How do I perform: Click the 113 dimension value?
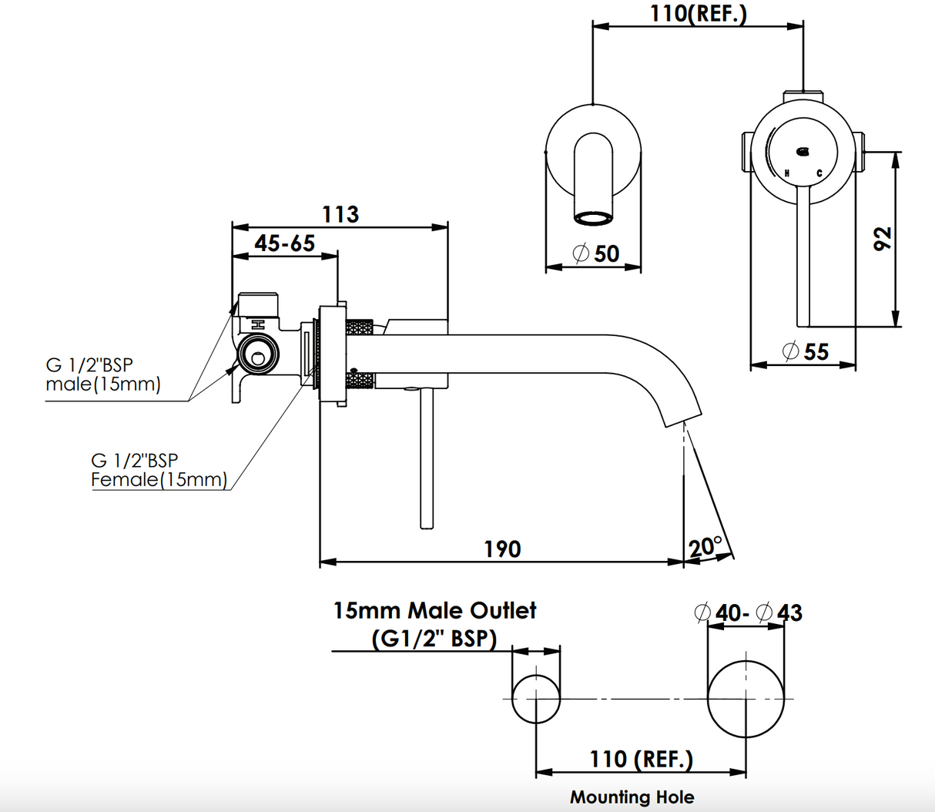(340, 213)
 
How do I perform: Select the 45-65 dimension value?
(285, 243)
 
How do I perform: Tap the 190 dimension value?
(502, 549)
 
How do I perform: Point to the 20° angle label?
(705, 546)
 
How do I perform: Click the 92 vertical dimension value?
(883, 238)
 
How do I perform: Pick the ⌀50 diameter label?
(596, 253)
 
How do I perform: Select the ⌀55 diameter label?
(806, 352)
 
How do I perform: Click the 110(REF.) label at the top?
(699, 13)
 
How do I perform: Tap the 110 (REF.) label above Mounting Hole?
(642, 760)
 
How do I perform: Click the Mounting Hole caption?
(632, 797)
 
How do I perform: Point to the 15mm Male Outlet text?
(434, 611)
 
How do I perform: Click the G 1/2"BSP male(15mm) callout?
(103, 374)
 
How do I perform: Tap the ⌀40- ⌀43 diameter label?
(748, 612)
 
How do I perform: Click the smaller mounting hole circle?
(536, 699)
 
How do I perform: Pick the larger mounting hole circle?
(746, 699)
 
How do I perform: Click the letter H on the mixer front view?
(786, 173)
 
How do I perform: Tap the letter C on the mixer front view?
(819, 173)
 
